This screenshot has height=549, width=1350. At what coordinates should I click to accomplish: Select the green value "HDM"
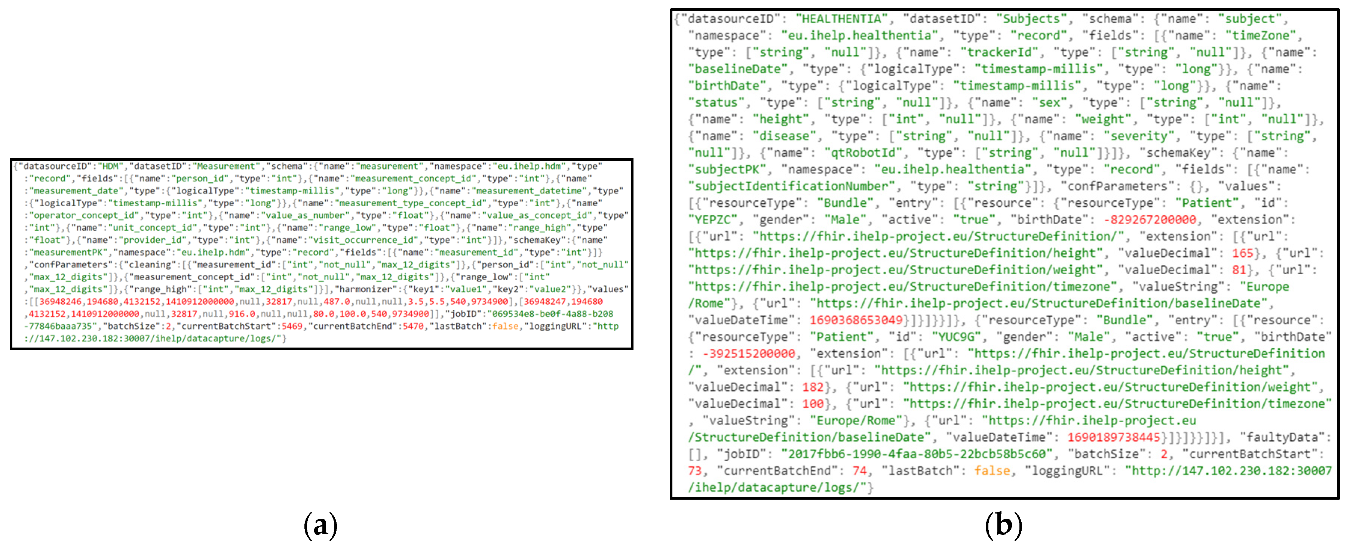click(110, 167)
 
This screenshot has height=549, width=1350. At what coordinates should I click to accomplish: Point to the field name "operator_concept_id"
click(84, 215)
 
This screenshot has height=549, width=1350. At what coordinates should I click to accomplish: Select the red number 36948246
click(60, 302)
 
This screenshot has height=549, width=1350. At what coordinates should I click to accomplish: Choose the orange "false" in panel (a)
click(505, 326)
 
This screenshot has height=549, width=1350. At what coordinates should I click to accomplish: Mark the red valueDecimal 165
click(1242, 253)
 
